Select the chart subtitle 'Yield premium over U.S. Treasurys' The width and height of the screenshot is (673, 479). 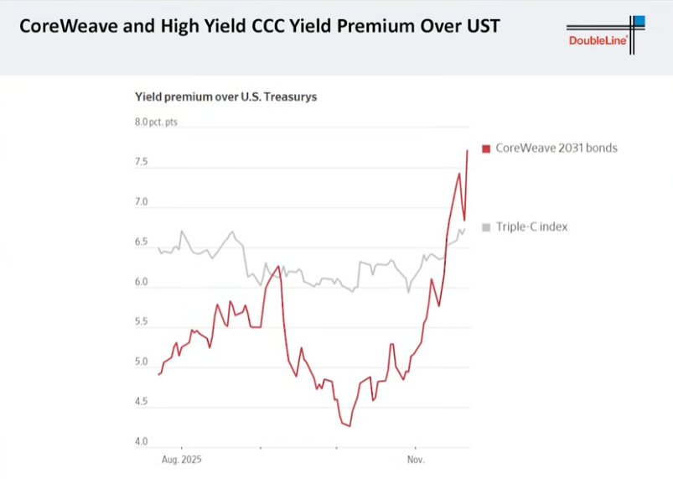[225, 96]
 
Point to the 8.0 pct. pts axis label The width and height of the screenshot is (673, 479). [157, 122]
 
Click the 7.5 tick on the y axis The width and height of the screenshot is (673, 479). [142, 162]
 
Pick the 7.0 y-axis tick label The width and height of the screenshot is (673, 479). [142, 202]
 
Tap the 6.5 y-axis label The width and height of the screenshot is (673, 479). [142, 242]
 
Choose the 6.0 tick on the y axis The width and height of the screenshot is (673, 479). [142, 283]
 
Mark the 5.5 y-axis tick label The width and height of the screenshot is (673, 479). [142, 322]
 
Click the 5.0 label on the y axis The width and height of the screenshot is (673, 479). [142, 362]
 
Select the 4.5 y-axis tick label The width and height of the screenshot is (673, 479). [142, 402]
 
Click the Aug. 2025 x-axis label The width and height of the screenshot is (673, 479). [181, 461]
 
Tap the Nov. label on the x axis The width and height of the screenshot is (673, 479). [416, 461]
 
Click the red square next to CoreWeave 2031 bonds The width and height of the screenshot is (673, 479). [486, 148]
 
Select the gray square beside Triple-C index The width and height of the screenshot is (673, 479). [486, 227]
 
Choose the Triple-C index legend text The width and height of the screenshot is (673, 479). [531, 227]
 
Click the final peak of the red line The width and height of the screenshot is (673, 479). [467, 150]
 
